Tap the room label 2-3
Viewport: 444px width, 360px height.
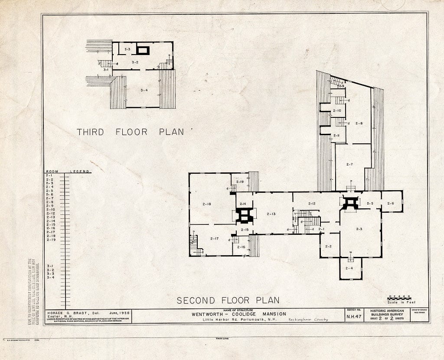click(359, 229)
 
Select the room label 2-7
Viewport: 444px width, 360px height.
click(349, 164)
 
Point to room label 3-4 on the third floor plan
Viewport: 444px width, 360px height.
click(144, 90)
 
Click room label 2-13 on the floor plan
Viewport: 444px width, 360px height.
click(271, 214)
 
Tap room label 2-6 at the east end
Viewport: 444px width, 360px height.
click(390, 203)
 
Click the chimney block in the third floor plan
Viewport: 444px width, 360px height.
click(143, 50)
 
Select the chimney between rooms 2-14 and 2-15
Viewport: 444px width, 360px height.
click(244, 215)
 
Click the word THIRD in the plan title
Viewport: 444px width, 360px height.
click(91, 132)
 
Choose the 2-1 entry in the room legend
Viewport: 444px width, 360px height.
click(50, 175)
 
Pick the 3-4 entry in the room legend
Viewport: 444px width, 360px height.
click(50, 278)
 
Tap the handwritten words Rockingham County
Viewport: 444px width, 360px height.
click(309, 320)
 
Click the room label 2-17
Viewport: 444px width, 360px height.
click(214, 239)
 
